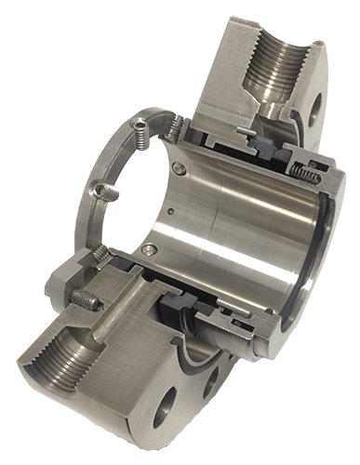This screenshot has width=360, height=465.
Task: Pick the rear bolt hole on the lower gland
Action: [216, 379]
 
